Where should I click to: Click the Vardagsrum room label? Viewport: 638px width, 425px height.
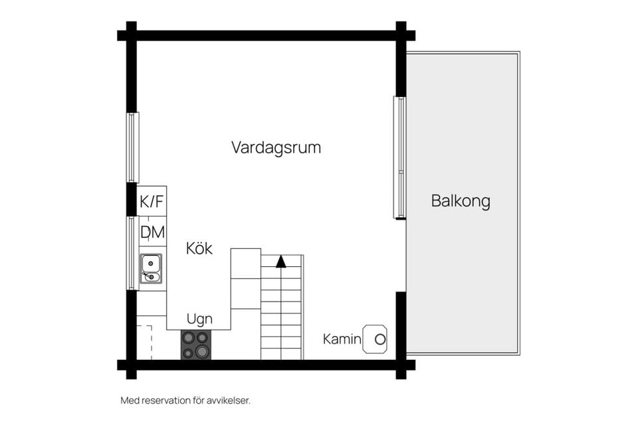pyautogui.click(x=276, y=147)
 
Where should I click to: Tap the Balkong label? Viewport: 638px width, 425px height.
pyautogui.click(x=461, y=201)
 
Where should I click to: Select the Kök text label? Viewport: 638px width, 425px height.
pyautogui.click(x=199, y=249)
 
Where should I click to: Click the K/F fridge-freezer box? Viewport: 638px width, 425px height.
pyautogui.click(x=152, y=201)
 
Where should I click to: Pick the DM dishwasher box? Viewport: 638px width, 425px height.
pyautogui.click(x=152, y=232)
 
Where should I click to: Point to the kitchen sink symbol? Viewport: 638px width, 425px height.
pyautogui.click(x=151, y=268)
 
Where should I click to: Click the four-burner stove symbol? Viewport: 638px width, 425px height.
pyautogui.click(x=195, y=345)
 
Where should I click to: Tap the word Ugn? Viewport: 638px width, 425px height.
pyautogui.click(x=199, y=319)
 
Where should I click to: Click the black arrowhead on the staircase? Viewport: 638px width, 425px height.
pyautogui.click(x=281, y=261)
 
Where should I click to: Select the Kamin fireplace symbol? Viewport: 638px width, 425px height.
pyautogui.click(x=375, y=339)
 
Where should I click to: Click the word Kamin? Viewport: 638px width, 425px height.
pyautogui.click(x=342, y=339)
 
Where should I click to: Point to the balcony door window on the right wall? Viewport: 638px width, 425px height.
pyautogui.click(x=399, y=157)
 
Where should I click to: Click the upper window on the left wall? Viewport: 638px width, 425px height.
pyautogui.click(x=133, y=147)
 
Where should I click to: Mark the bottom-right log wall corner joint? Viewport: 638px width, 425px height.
pyautogui.click(x=401, y=365)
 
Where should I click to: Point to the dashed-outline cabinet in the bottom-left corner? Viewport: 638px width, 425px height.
pyautogui.click(x=144, y=341)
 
